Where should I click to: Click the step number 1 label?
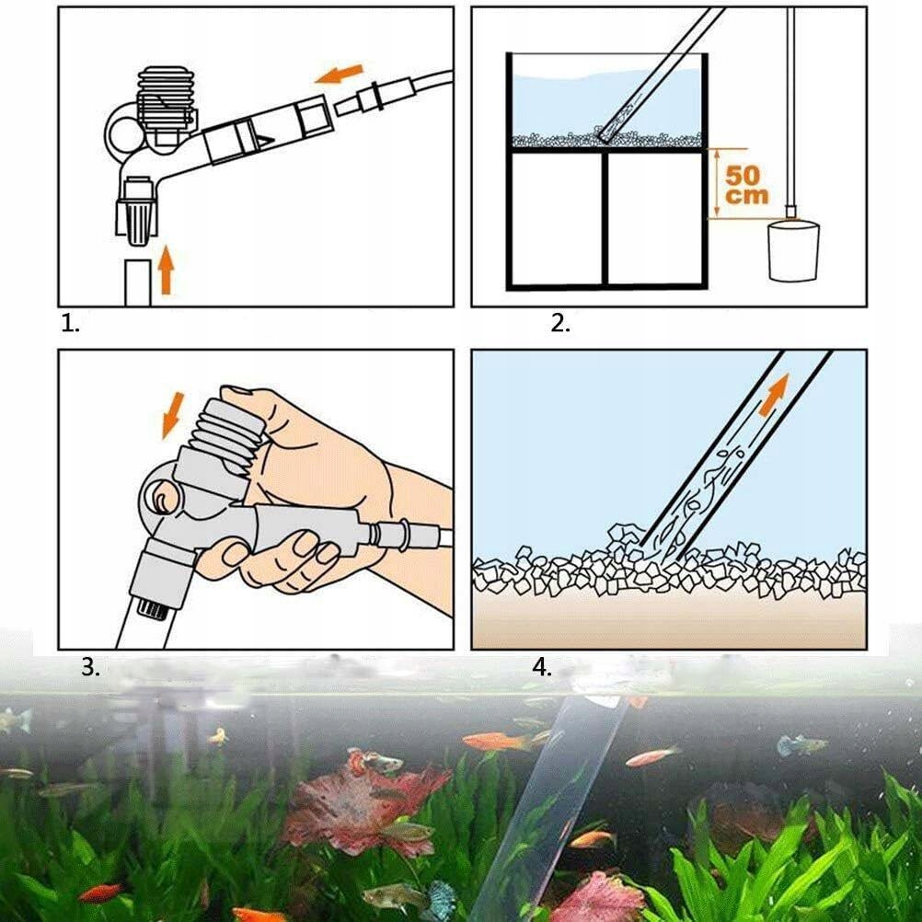click(x=70, y=324)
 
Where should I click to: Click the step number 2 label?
click(x=560, y=323)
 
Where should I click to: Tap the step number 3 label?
click(x=90, y=667)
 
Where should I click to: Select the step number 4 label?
click(x=542, y=667)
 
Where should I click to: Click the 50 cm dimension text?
click(x=746, y=185)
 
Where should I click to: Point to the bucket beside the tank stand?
click(x=793, y=249)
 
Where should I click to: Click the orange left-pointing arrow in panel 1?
click(x=339, y=75)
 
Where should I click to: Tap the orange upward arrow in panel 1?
click(x=167, y=270)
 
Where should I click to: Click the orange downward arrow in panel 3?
click(x=173, y=416)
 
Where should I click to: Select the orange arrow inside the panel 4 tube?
click(x=773, y=396)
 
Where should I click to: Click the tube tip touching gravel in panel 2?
click(x=605, y=136)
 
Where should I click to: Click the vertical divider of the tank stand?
click(x=605, y=218)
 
